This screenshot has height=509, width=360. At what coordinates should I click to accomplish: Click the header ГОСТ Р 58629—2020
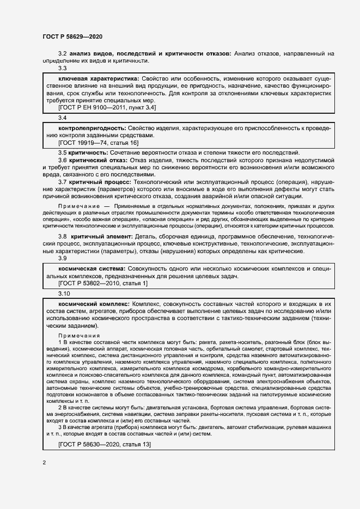coord(72,36)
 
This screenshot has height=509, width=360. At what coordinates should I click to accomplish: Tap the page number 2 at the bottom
coord(44,463)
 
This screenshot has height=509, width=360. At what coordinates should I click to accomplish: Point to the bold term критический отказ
coord(98,161)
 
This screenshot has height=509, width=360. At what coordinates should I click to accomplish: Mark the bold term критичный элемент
coord(101,237)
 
